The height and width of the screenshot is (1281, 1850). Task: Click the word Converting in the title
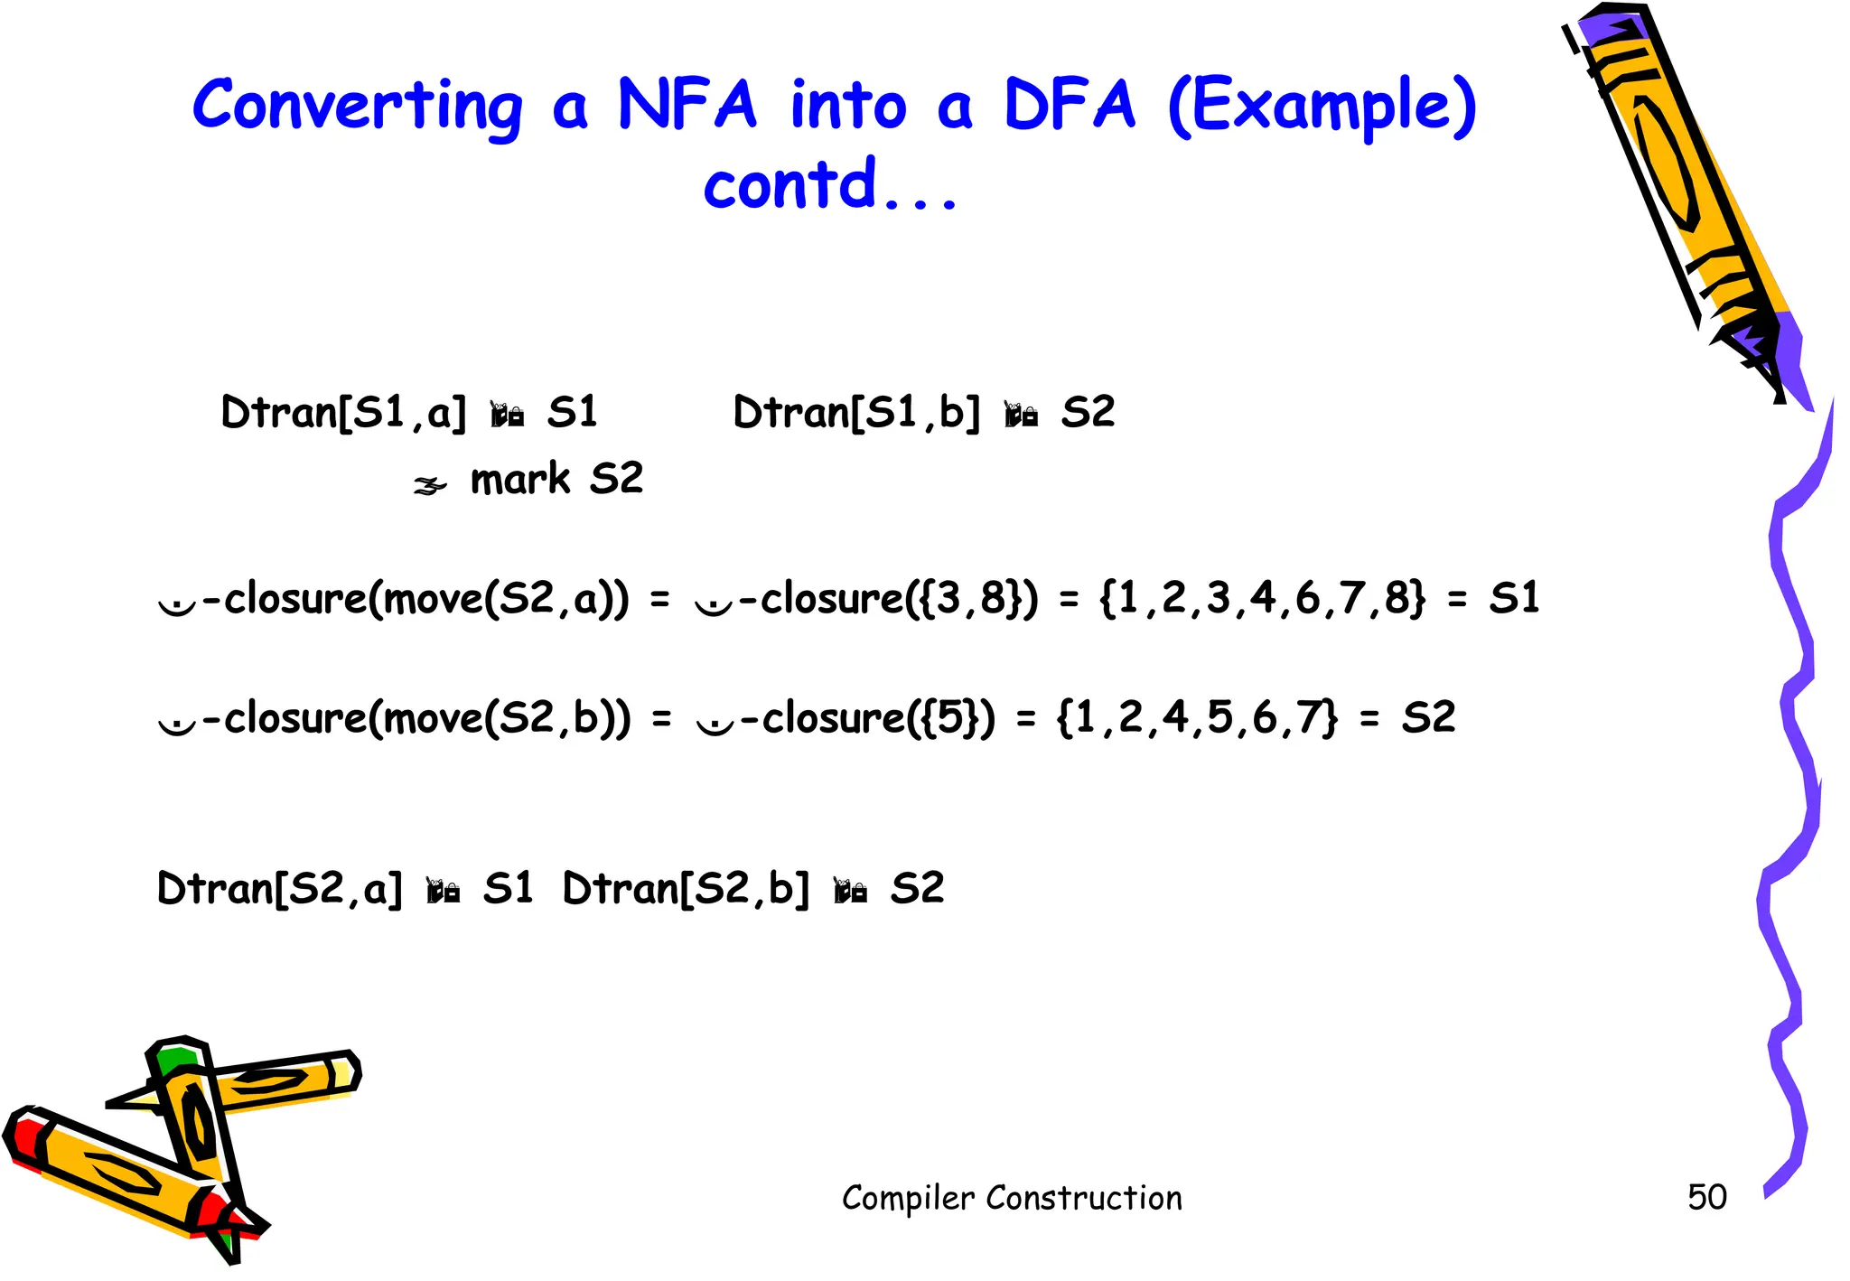pyautogui.click(x=358, y=107)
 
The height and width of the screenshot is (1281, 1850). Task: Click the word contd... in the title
pyautogui.click(x=829, y=184)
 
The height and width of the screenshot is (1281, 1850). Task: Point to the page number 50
pyautogui.click(x=1706, y=1197)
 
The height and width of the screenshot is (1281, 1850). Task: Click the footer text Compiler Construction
pyautogui.click(x=1012, y=1198)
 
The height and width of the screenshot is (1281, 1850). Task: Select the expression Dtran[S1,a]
pyautogui.click(x=343, y=413)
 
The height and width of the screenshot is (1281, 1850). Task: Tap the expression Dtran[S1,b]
pyautogui.click(x=856, y=413)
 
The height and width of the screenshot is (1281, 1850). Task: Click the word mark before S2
pyautogui.click(x=519, y=479)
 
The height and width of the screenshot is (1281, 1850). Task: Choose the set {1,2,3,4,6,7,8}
pyautogui.click(x=1263, y=598)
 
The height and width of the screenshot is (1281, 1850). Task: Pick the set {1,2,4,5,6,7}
pyautogui.click(x=1197, y=718)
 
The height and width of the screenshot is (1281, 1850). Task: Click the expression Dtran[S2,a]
pyautogui.click(x=279, y=889)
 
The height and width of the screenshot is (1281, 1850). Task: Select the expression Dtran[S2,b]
pyautogui.click(x=686, y=889)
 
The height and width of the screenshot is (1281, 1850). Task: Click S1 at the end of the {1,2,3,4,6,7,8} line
pyautogui.click(x=1514, y=598)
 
